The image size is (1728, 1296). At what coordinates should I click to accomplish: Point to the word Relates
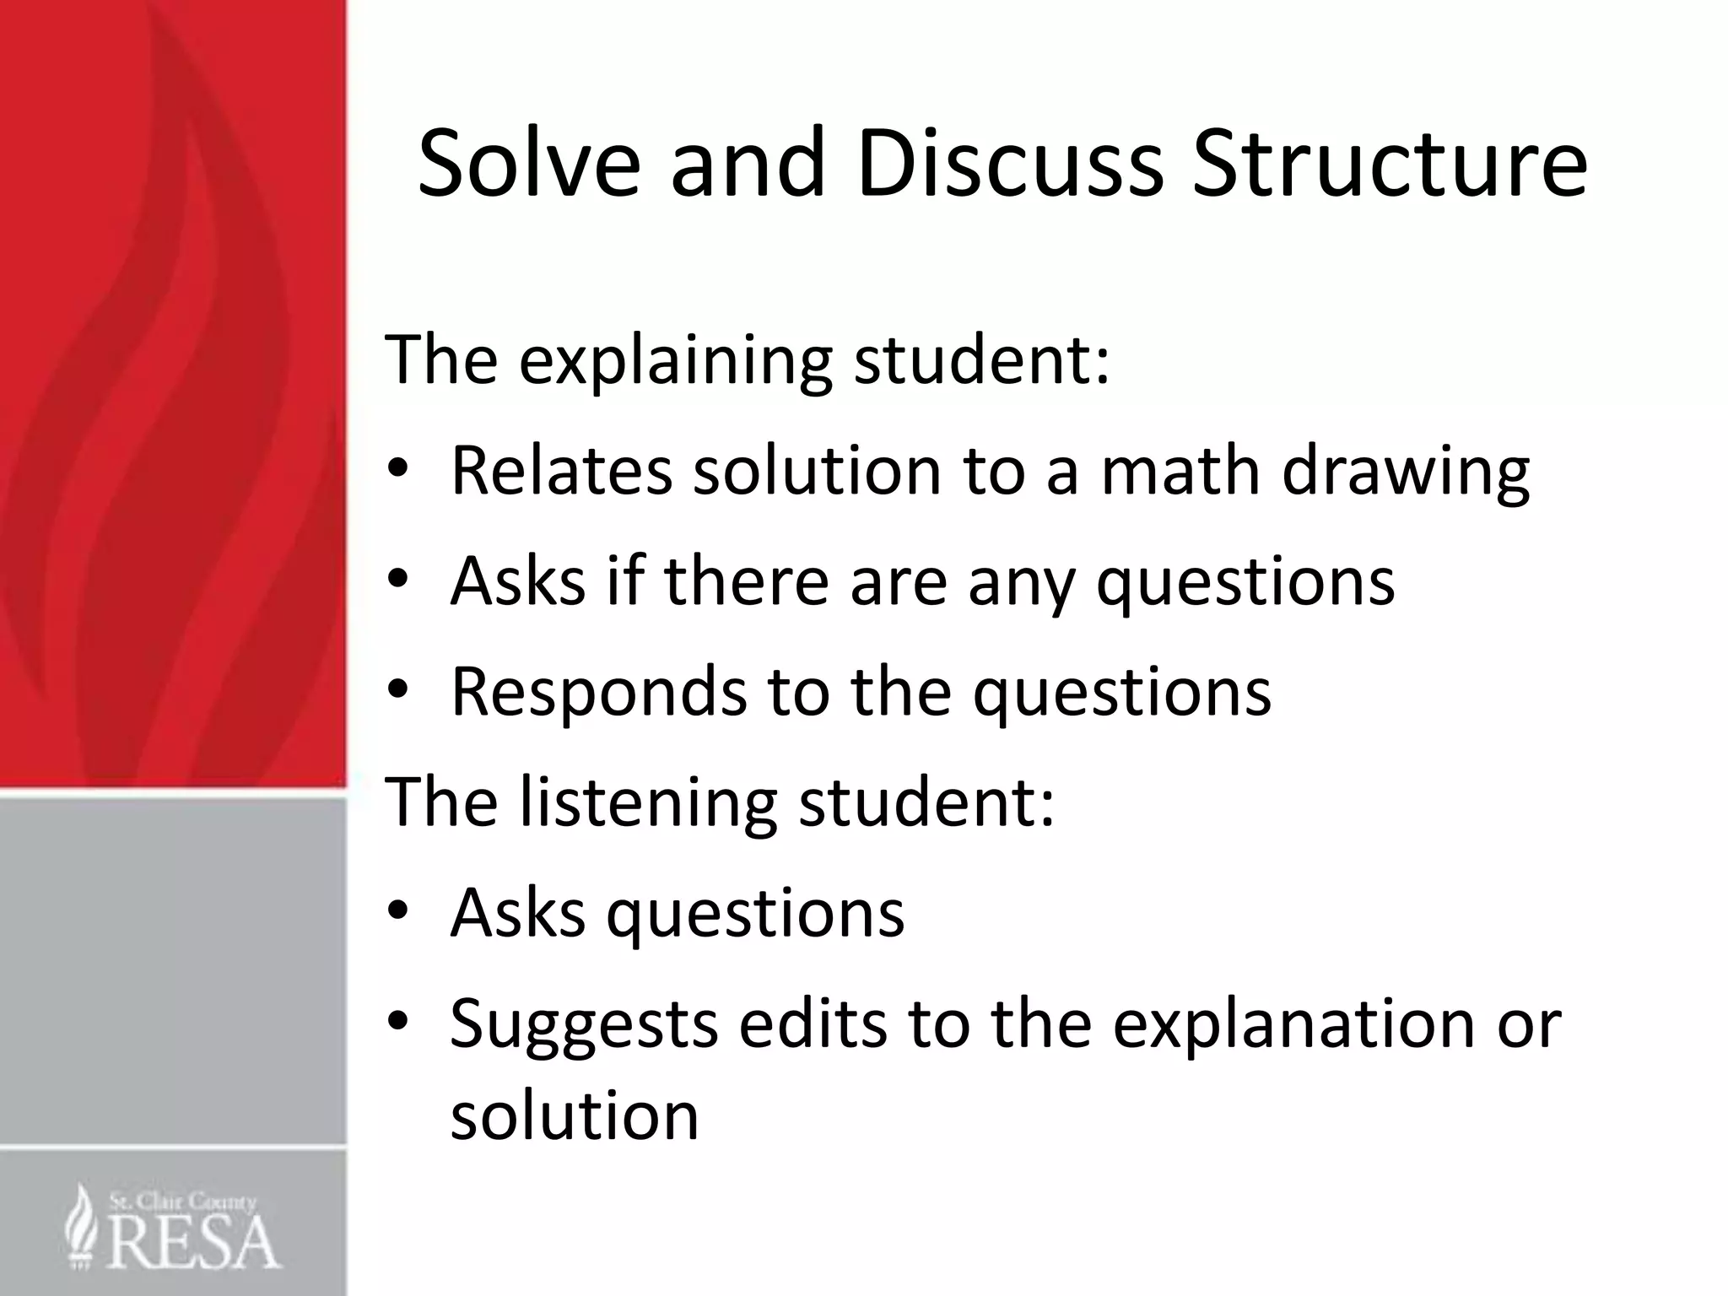tap(561, 470)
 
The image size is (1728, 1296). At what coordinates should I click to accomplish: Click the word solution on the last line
tap(575, 1115)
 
